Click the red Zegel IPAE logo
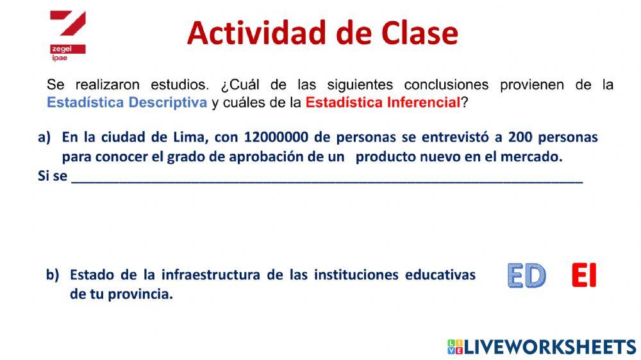pos(67,35)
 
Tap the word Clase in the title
pos(417,33)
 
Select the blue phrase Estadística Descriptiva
pos(127,102)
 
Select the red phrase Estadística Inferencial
pos(383,102)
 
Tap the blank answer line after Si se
pos(327,179)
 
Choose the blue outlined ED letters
pos(526,276)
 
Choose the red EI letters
pos(583,276)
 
